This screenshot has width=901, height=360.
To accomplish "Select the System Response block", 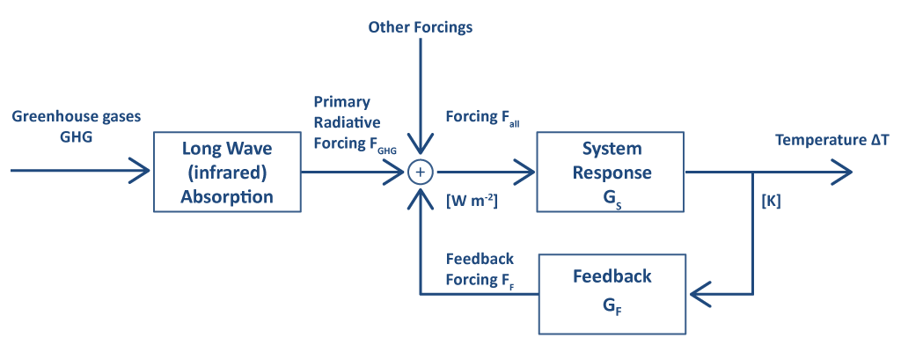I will [612, 172].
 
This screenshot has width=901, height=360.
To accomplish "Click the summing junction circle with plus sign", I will [421, 172].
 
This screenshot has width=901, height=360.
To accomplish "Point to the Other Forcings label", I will [421, 27].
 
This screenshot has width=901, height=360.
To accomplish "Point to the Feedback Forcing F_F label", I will [480, 268].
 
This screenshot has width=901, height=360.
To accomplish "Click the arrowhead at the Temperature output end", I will [843, 172].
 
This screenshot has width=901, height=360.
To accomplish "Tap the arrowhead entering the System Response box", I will [526, 172].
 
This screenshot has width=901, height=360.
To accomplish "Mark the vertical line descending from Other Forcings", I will [421, 88].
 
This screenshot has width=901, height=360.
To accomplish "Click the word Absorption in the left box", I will [226, 197].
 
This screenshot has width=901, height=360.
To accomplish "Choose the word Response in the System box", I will [612, 173].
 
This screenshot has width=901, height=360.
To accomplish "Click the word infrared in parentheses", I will [226, 173].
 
